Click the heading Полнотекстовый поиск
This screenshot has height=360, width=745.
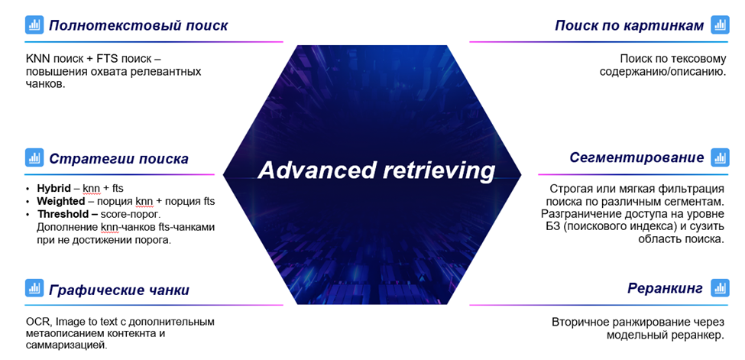[x=138, y=25]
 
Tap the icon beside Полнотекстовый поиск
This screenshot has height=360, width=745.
[x=34, y=25]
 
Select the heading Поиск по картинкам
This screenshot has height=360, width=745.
[x=629, y=25]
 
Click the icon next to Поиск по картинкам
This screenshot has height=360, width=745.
[x=720, y=25]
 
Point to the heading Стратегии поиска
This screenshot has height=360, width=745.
[x=118, y=159]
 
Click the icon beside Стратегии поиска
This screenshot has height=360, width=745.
[x=34, y=158]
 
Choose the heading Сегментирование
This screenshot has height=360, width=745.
[x=636, y=157]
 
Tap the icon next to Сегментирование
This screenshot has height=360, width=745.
[x=720, y=157]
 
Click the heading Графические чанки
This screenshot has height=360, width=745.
[x=119, y=290]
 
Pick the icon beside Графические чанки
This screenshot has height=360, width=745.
[x=34, y=289]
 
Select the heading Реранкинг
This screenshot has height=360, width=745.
[x=665, y=288]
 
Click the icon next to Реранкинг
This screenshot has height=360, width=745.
[x=720, y=288]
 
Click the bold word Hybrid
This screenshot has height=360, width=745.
[x=56, y=188]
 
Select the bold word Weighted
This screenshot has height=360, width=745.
[x=61, y=201]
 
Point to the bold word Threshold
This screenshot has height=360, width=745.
[x=63, y=214]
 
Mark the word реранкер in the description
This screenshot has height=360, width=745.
[x=695, y=336]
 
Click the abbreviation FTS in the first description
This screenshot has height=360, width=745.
[x=97, y=58]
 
